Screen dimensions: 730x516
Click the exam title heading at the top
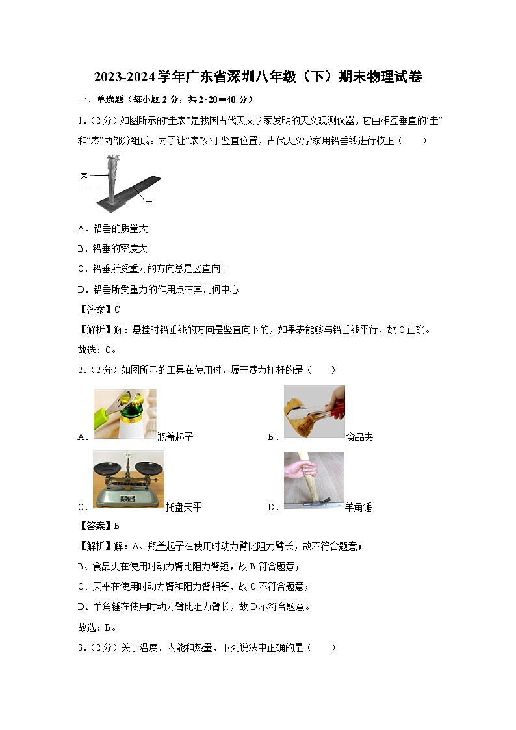(258, 77)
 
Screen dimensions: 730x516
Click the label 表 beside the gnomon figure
(84, 176)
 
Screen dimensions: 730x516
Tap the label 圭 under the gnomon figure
(149, 204)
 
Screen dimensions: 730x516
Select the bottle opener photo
(125, 414)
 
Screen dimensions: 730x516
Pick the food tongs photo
(315, 412)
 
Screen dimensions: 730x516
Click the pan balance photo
(129, 479)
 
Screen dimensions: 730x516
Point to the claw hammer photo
(315, 480)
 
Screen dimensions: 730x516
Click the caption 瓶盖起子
(175, 437)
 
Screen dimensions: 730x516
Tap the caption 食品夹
(359, 437)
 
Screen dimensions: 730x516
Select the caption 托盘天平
(183, 507)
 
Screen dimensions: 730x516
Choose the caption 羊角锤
(358, 507)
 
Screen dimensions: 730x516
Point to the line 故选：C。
(97, 350)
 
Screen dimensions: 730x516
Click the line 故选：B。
(97, 627)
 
